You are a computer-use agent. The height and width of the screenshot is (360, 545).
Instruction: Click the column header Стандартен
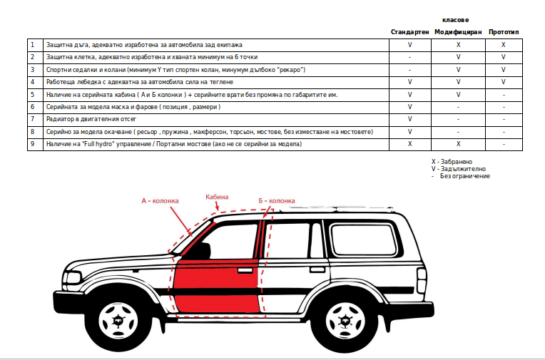pyautogui.click(x=409, y=32)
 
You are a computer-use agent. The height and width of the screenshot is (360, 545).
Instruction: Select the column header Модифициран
pyautogui.click(x=458, y=32)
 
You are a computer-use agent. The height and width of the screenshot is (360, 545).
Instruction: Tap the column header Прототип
pyautogui.click(x=504, y=32)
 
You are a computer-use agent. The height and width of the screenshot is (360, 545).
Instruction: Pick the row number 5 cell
pyautogui.click(x=33, y=94)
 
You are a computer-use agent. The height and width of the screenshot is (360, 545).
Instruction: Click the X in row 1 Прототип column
pyautogui.click(x=504, y=44)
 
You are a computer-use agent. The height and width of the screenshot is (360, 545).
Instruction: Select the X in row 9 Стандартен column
pyautogui.click(x=409, y=144)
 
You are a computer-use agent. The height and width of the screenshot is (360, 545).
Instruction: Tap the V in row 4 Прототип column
pyautogui.click(x=504, y=82)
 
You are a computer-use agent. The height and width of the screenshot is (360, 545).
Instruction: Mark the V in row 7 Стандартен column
pyautogui.click(x=409, y=119)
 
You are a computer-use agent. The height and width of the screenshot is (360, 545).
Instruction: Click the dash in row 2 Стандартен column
pyautogui.click(x=409, y=57)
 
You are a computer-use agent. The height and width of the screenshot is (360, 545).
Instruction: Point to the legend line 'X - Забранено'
pyautogui.click(x=457, y=162)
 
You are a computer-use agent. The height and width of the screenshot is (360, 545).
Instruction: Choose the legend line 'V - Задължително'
pyautogui.click(x=460, y=169)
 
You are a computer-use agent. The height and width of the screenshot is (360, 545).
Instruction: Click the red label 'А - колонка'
pyautogui.click(x=160, y=201)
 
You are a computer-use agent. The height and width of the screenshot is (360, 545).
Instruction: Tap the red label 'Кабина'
pyautogui.click(x=217, y=196)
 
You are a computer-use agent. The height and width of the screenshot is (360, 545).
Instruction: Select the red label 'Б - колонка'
pyautogui.click(x=277, y=201)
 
